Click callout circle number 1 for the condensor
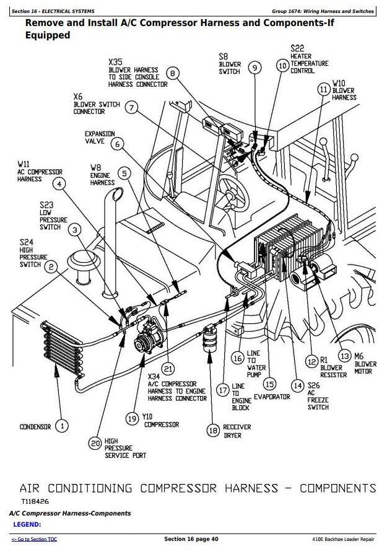(x=62, y=426)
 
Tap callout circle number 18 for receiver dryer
(x=213, y=430)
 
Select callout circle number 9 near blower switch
(x=254, y=67)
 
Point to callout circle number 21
(x=168, y=370)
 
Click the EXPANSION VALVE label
(x=100, y=138)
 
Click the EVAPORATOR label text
(x=272, y=397)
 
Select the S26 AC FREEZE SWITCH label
(x=318, y=397)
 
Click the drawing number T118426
(x=36, y=501)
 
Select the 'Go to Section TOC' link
(x=35, y=539)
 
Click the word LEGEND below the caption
(x=27, y=525)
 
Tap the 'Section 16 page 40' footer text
(x=193, y=539)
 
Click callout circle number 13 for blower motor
(x=344, y=356)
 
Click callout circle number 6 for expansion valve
(x=117, y=144)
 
